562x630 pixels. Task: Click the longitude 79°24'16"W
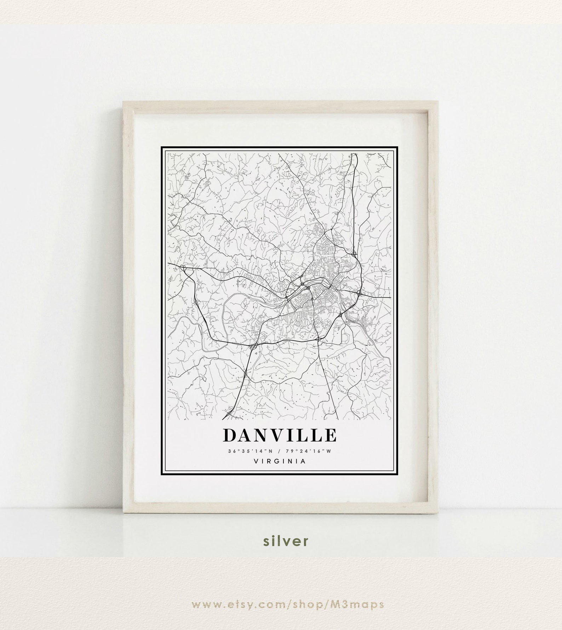pos(311,451)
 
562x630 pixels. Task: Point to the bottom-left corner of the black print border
pos(162,472)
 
